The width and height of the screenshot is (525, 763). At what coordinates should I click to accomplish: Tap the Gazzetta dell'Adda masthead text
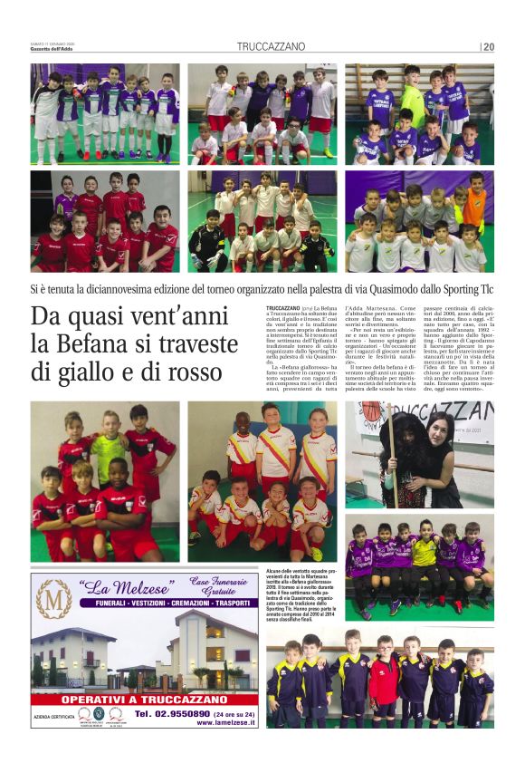[x=56, y=49]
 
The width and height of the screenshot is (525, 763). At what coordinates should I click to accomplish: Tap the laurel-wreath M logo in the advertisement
[x=53, y=599]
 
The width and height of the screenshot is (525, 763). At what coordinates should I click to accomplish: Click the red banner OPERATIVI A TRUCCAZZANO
[x=149, y=699]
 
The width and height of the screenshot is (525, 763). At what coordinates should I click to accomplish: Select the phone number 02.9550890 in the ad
[x=186, y=713]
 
